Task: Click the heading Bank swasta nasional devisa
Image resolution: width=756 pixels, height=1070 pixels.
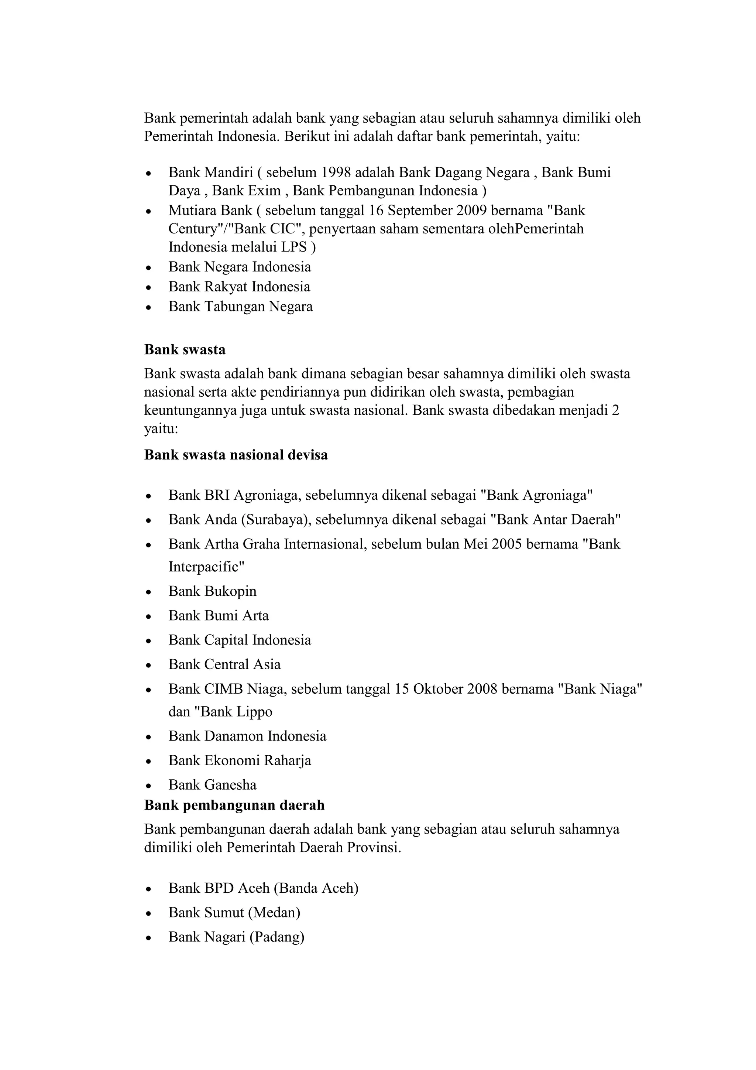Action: pyautogui.click(x=236, y=455)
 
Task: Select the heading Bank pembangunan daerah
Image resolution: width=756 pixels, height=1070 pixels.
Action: pyautogui.click(x=234, y=805)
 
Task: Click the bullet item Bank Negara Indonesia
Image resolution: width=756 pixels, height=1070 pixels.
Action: pyautogui.click(x=240, y=267)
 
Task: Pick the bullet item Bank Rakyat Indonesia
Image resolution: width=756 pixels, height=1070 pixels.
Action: pyautogui.click(x=239, y=287)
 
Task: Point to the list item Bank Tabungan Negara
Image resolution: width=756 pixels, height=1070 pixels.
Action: pyautogui.click(x=240, y=307)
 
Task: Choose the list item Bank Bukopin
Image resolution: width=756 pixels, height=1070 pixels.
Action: pyautogui.click(x=212, y=591)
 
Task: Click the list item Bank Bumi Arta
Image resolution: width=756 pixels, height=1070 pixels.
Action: pyautogui.click(x=219, y=616)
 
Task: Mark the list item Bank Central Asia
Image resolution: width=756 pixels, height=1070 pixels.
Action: pyautogui.click(x=224, y=664)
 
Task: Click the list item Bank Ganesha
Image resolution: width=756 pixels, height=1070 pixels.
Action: pyautogui.click(x=212, y=785)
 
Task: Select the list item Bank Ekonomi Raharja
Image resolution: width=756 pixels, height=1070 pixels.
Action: pyautogui.click(x=240, y=760)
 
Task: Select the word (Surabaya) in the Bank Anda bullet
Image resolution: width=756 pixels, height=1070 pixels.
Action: pyautogui.click(x=276, y=520)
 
